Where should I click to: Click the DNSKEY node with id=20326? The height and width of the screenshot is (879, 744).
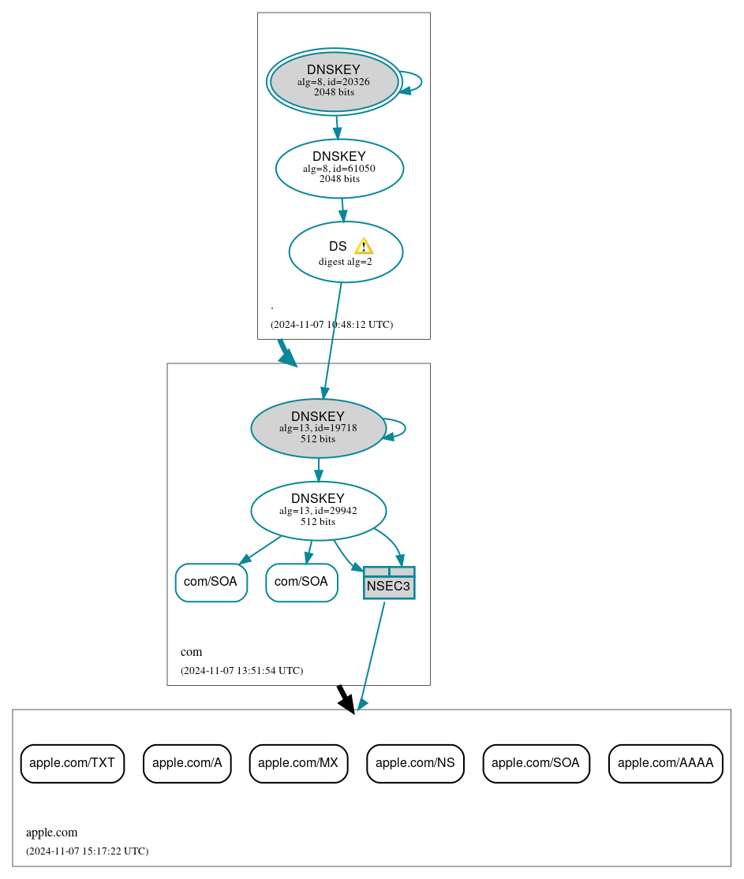click(334, 81)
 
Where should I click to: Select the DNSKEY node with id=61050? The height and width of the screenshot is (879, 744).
click(339, 168)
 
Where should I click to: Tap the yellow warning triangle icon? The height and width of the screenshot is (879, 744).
click(363, 246)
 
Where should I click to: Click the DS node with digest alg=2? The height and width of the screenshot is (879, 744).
click(345, 252)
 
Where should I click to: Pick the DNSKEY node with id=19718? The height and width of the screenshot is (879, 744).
click(318, 428)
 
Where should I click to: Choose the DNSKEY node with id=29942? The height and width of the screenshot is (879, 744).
click(318, 510)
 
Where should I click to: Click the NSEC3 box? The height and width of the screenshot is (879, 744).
click(389, 583)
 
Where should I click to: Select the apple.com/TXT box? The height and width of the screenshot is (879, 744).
click(73, 763)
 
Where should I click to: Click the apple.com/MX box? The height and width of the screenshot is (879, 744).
click(298, 763)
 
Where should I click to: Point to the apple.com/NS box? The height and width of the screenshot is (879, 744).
click(415, 763)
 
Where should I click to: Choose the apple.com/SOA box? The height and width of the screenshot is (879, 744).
click(536, 763)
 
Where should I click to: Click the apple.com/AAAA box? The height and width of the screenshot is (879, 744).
click(665, 763)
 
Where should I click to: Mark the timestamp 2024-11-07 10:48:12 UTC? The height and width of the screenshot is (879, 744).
click(331, 325)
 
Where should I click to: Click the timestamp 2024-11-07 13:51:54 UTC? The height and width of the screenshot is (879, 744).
click(241, 671)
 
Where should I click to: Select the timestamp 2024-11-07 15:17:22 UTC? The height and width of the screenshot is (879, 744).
click(87, 851)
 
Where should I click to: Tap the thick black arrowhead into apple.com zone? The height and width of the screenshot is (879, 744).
click(346, 702)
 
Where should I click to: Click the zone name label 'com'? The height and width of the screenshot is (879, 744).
click(191, 652)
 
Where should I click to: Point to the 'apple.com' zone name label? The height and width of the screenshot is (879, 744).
click(51, 832)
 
